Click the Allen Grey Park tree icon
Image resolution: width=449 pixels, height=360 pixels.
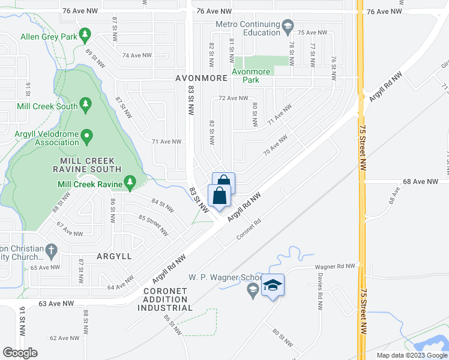pyautogui.click(x=85, y=37)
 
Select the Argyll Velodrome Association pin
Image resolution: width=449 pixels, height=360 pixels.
pyautogui.click(x=86, y=138)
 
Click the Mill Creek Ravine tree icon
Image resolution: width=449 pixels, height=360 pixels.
pyautogui.click(x=129, y=181)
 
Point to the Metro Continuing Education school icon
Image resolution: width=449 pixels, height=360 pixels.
pyautogui.click(x=288, y=26)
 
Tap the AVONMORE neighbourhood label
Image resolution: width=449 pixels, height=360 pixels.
pyautogui.click(x=202, y=79)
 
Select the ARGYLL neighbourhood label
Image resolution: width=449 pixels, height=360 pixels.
pyautogui.click(x=114, y=256)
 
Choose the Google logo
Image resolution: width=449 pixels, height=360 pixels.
pyautogui.click(x=20, y=352)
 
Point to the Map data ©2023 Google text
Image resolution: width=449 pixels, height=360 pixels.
pyautogui.click(x=412, y=355)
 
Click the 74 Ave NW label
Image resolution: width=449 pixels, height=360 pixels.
pyautogui.click(x=136, y=55)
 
